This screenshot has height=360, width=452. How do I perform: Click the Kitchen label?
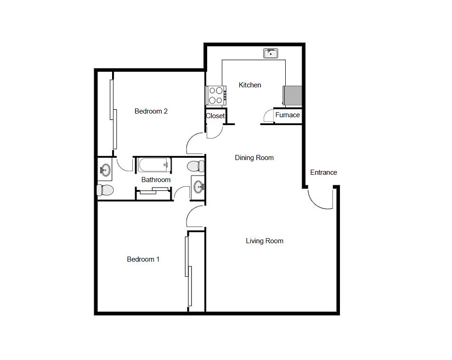click(x=250, y=85)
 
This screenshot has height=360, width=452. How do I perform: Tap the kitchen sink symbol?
click(x=271, y=53)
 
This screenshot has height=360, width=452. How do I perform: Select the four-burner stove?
click(x=216, y=96)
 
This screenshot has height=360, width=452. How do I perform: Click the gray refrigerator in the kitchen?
click(x=292, y=96)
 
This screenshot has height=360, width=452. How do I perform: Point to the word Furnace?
click(x=288, y=115)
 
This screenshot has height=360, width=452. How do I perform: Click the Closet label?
click(x=215, y=116)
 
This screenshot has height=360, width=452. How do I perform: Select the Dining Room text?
click(x=254, y=158)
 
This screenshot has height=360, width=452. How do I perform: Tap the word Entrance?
click(x=323, y=172)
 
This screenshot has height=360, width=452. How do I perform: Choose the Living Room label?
click(x=265, y=241)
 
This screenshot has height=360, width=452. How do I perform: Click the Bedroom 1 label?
click(x=143, y=259)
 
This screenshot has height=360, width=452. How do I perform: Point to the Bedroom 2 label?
click(x=151, y=111)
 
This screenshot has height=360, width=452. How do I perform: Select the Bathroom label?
click(x=156, y=180)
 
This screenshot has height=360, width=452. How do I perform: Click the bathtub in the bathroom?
click(x=154, y=165)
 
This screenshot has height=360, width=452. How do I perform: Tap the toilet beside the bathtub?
click(x=196, y=166)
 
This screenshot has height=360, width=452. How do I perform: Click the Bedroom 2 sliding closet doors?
click(x=113, y=114)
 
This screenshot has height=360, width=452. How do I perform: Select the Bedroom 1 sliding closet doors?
click(x=188, y=271)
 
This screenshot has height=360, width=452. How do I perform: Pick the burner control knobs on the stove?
click(x=225, y=96)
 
